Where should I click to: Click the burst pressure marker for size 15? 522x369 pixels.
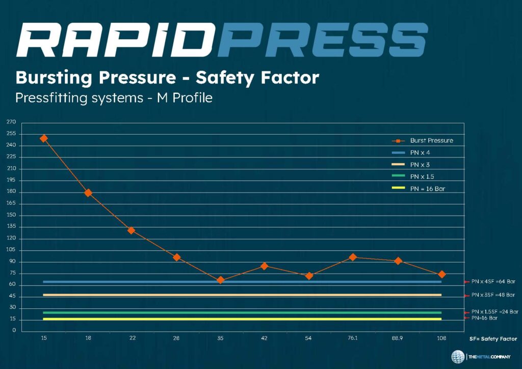[44, 138]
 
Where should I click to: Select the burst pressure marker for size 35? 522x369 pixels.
[220, 280]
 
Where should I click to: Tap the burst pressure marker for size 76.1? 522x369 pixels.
[353, 257]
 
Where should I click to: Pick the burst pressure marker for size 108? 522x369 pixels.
[441, 275]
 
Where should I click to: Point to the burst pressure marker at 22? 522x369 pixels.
[132, 230]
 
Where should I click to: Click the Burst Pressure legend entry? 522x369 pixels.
[431, 140]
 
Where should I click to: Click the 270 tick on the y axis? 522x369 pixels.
[11, 122]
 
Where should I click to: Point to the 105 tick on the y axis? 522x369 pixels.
[11, 250]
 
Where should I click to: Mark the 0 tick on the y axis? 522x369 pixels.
[14, 331]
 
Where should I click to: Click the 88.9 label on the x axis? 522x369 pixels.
[397, 338]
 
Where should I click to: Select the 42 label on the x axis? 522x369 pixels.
[264, 338]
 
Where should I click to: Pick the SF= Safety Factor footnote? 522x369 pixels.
[493, 338]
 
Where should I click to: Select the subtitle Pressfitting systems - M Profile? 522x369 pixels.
[113, 97]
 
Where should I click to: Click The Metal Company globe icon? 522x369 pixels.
[457, 356]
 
